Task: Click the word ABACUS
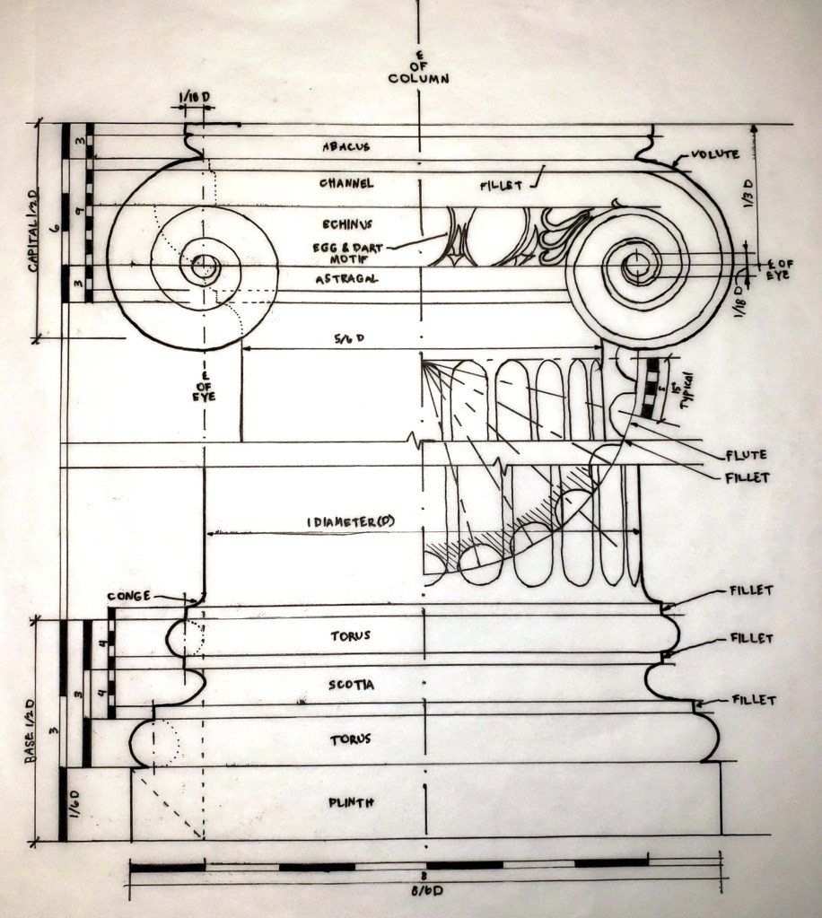click(x=345, y=146)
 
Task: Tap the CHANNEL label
click(x=346, y=183)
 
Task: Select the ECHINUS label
click(x=345, y=223)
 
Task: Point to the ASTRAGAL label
click(x=345, y=279)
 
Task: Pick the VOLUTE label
click(x=715, y=154)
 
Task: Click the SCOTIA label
click(x=352, y=685)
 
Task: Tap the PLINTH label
click(x=351, y=802)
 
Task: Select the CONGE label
click(x=128, y=595)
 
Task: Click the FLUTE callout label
click(x=748, y=456)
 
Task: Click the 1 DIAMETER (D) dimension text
click(x=351, y=522)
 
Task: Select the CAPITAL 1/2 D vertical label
click(x=35, y=228)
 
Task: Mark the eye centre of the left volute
click(x=205, y=267)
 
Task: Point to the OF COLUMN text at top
click(x=418, y=71)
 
